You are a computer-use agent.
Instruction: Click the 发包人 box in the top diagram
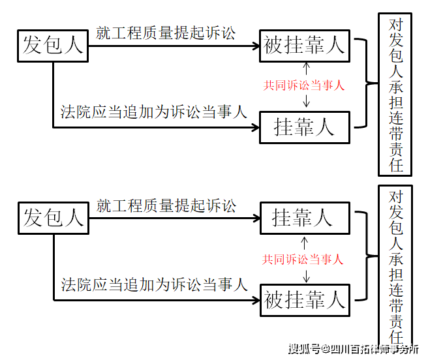(53, 45)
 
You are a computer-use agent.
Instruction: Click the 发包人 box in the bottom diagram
(53, 218)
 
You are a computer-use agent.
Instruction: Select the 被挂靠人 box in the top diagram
(304, 45)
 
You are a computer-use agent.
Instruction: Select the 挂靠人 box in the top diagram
(304, 127)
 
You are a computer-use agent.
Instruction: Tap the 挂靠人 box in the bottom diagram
(304, 218)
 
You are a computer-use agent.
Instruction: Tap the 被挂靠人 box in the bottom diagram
(304, 300)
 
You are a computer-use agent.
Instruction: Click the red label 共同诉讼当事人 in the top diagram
(303, 85)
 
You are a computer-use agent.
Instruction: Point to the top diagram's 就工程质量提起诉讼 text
(165, 33)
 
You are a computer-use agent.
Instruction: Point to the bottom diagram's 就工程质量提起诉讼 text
(166, 206)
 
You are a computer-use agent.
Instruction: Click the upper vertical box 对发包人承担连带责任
(395, 95)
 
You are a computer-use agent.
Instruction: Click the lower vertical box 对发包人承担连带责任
(395, 267)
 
